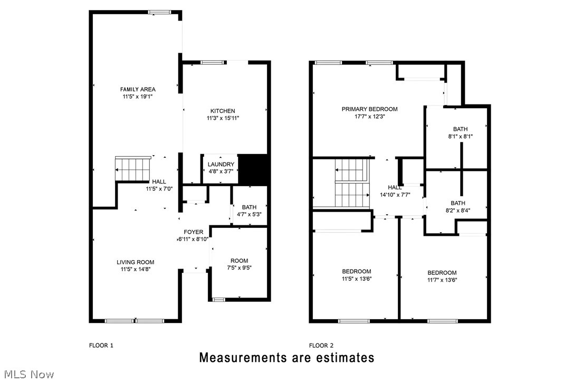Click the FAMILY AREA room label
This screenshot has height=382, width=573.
tap(138, 89)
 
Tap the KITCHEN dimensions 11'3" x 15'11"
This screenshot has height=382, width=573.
tap(223, 118)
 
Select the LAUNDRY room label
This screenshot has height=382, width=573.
tap(221, 164)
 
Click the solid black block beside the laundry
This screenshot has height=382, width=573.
tap(254, 169)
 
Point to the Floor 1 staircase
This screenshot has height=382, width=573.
tap(133, 169)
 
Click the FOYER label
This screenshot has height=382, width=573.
tap(193, 232)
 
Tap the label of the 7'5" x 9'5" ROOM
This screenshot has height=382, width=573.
tap(239, 261)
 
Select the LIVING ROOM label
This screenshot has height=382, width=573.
tap(136, 262)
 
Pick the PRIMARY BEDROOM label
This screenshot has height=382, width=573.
tap(369, 109)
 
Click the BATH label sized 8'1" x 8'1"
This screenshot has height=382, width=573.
tap(460, 129)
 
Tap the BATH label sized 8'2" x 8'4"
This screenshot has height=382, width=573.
tap(458, 203)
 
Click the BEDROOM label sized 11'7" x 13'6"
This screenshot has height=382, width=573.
tap(442, 273)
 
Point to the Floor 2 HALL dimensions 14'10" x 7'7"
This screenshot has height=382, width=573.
tap(395, 194)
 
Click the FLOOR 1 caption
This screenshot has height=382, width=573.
tap(101, 346)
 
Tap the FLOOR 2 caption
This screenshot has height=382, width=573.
tap(321, 346)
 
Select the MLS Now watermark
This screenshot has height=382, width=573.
tap(27, 375)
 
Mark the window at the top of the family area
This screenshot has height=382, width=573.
tap(159, 12)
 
